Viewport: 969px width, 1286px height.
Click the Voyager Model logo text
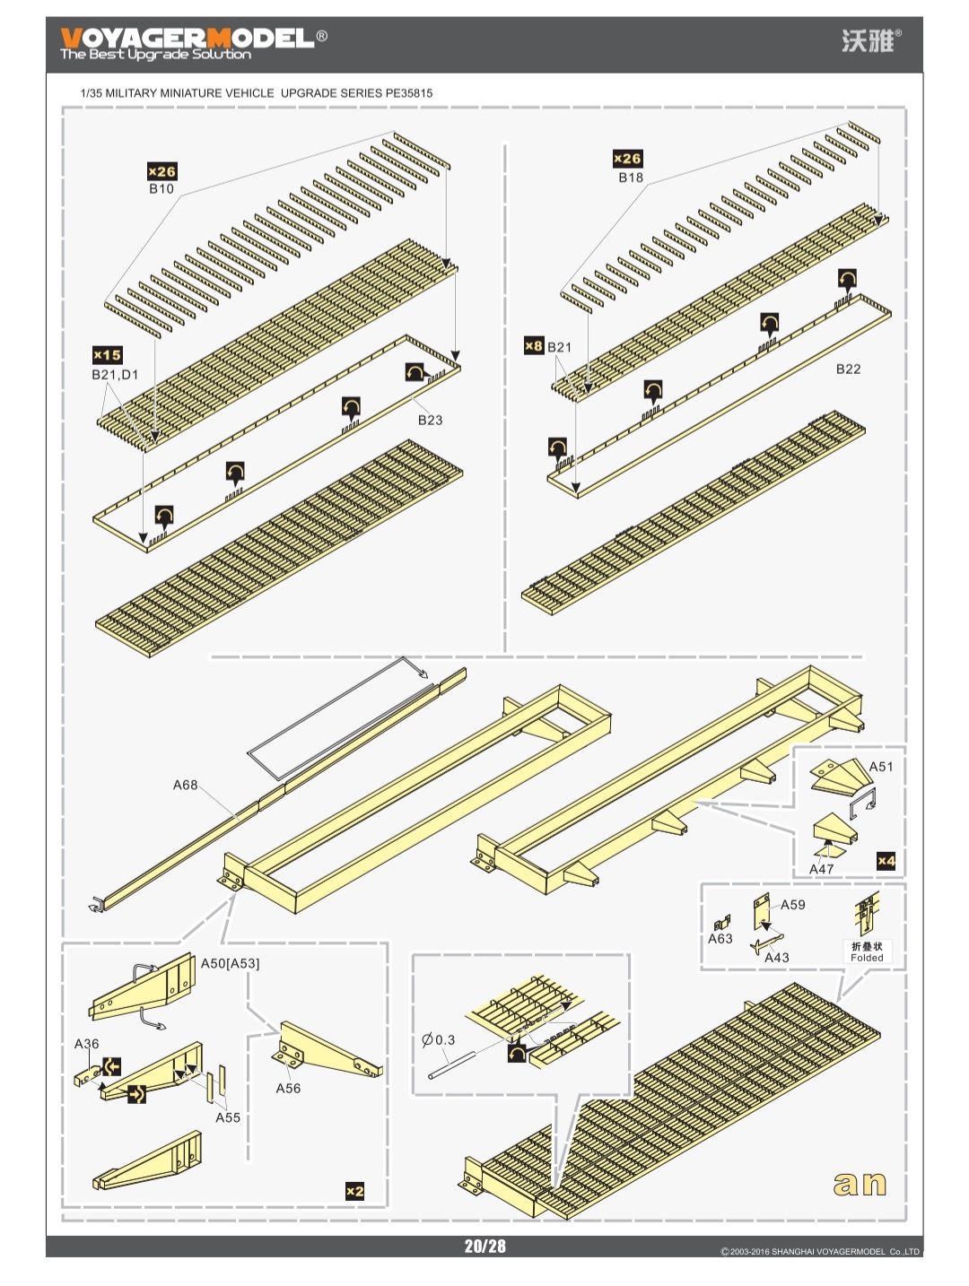point(188,39)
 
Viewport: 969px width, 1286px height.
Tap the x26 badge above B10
point(161,171)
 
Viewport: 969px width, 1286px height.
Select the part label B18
point(631,178)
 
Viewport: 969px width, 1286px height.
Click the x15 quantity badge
point(107,355)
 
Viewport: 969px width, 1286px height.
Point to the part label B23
point(430,420)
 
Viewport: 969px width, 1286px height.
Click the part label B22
point(848,369)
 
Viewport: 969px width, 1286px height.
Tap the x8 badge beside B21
point(534,346)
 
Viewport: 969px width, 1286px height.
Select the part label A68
point(185,785)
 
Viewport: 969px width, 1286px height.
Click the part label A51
point(880,767)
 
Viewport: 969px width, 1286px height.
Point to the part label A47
point(821,869)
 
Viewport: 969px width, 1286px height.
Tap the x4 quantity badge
point(886,861)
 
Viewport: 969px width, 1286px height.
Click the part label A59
point(792,905)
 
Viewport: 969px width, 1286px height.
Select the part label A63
point(720,939)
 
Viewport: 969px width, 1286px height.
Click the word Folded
point(867,958)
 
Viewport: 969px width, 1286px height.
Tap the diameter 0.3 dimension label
point(439,1040)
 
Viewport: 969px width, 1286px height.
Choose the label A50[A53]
point(230,963)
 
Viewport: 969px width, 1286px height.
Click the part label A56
point(288,1088)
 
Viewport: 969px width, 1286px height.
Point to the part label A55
point(228,1117)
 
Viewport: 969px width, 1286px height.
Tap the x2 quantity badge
point(355,1191)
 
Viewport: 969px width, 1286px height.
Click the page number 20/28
point(484,1247)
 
